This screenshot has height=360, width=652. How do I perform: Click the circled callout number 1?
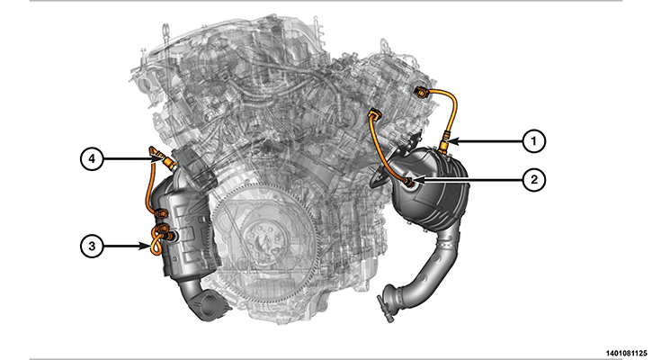point(533,141)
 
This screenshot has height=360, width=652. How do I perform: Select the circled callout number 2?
point(533,180)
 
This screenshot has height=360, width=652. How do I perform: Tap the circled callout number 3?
point(92,246)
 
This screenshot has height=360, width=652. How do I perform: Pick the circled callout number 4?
point(92,159)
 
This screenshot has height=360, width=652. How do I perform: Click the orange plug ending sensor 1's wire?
point(420,92)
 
